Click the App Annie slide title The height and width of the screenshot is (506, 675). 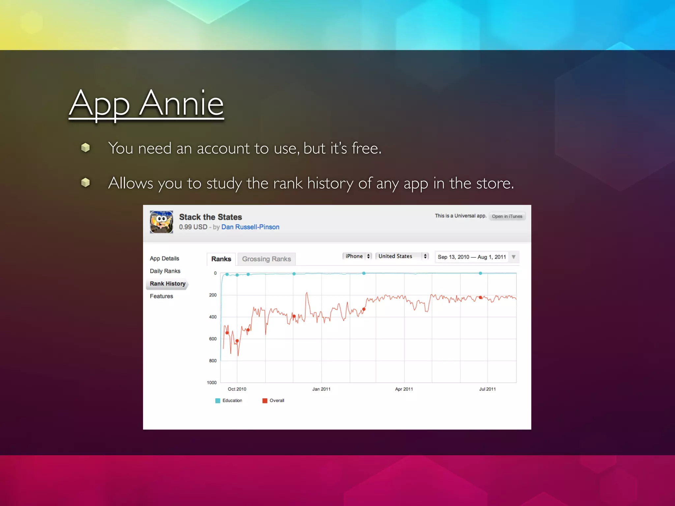click(x=146, y=104)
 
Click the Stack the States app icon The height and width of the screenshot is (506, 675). click(x=161, y=222)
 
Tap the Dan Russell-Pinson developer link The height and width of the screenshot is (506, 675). click(x=250, y=227)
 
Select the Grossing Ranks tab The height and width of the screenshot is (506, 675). click(x=266, y=259)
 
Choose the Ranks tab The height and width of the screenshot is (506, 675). click(x=221, y=259)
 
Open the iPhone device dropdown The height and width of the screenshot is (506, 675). click(x=358, y=256)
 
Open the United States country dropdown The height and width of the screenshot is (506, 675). click(x=402, y=256)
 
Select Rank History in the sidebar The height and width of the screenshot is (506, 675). click(x=167, y=284)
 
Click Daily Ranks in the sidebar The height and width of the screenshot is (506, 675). click(x=165, y=271)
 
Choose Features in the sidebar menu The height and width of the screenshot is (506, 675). click(x=161, y=296)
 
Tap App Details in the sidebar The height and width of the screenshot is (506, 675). click(x=164, y=259)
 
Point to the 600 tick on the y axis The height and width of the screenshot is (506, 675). click(x=213, y=339)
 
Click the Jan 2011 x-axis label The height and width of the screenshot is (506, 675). click(x=321, y=389)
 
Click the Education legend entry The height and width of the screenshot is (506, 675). click(x=229, y=401)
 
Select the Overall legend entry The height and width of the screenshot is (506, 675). click(x=274, y=401)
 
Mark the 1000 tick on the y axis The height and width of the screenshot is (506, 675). click(x=212, y=382)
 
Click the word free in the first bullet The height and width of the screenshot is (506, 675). click(x=365, y=148)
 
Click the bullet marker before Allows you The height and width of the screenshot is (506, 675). click(x=85, y=183)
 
